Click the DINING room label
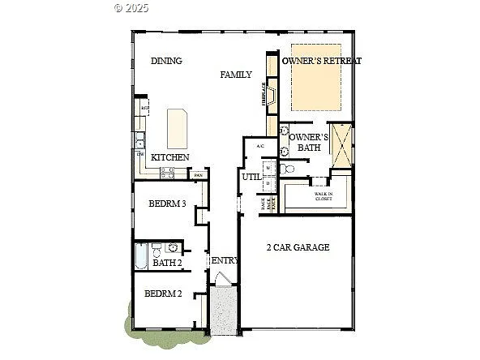pos(165,61)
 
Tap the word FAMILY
pos(236,74)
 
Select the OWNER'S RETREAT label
pos(321,61)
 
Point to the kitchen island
pos(178,127)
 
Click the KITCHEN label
pos(170,157)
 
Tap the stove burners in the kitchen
pos(169,172)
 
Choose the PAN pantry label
pos(198,174)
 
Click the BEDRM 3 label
pos(168,204)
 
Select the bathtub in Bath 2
pos(141,259)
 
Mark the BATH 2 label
pos(167,263)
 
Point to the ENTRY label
pos(225,260)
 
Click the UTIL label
pos(250,177)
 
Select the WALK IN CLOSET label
pos(326,196)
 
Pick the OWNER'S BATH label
pos(309,142)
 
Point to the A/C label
pos(260,146)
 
